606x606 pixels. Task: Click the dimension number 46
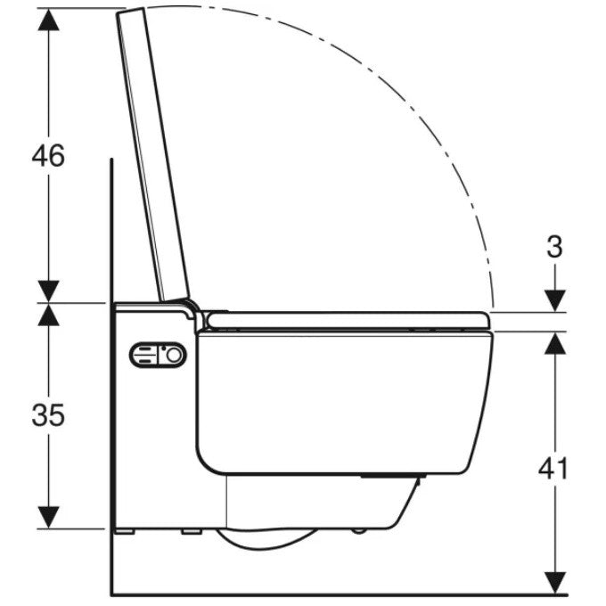48,155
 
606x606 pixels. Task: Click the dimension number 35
48,415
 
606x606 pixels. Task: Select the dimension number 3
554,247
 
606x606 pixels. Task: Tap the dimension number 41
553,468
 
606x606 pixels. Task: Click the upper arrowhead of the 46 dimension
49,20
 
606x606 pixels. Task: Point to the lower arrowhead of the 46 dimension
49,291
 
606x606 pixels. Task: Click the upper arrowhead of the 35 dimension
49,315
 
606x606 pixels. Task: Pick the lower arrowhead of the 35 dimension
49,517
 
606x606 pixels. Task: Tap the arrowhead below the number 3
555,300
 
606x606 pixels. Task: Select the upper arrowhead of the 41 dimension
555,343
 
